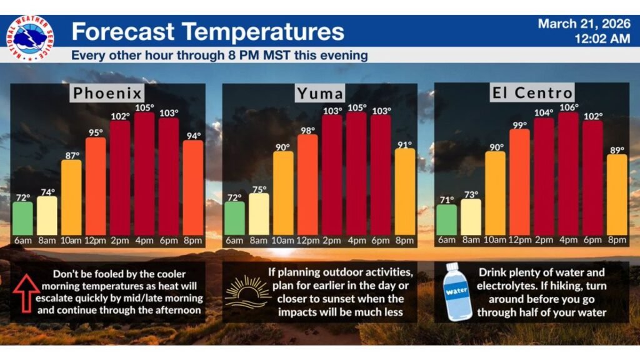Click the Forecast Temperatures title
pyautogui.click(x=207, y=31)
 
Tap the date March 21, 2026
pyautogui.click(x=584, y=24)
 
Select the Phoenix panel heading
pyautogui.click(x=107, y=94)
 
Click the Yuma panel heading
pyautogui.click(x=319, y=94)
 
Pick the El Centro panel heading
pyautogui.click(x=531, y=93)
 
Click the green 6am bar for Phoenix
pyautogui.click(x=22, y=219)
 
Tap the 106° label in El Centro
pyautogui.click(x=568, y=107)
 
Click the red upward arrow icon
pyautogui.click(x=26, y=292)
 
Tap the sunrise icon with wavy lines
pyautogui.click(x=247, y=292)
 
